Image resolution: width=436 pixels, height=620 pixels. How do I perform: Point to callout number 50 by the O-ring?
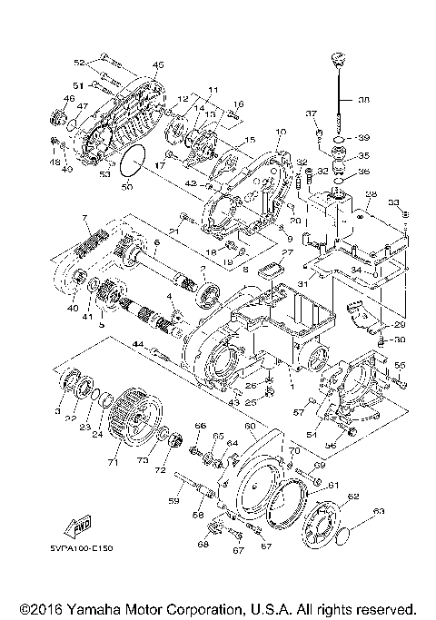tap(127, 187)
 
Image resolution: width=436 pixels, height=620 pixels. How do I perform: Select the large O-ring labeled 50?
tap(135, 160)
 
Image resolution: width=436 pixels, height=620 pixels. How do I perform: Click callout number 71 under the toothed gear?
tap(113, 463)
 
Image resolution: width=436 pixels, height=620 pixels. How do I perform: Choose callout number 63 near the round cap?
tap(379, 511)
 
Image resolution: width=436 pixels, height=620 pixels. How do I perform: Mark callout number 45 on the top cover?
tap(158, 64)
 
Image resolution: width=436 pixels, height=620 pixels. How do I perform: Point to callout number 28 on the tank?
tap(370, 194)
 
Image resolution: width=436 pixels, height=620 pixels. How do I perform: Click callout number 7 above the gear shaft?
tap(84, 219)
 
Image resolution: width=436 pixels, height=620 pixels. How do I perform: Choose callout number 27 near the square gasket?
tap(287, 253)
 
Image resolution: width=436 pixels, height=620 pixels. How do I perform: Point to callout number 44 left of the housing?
tap(138, 344)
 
